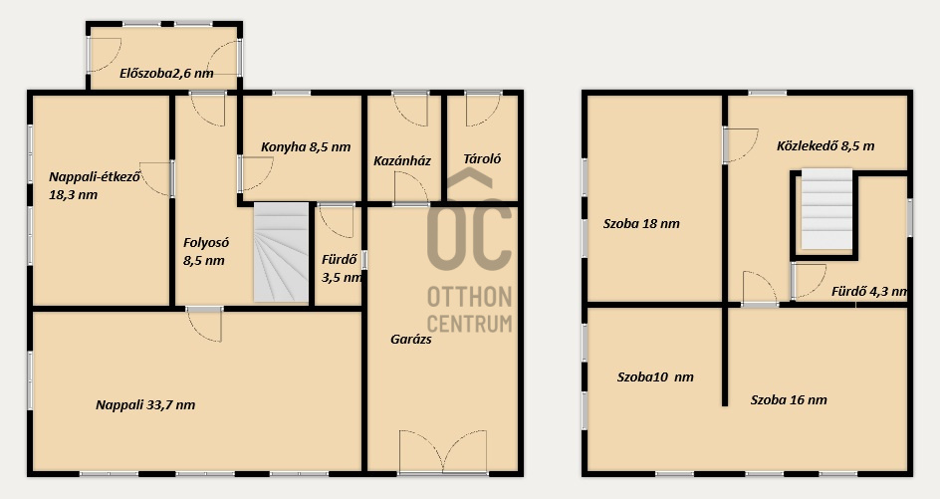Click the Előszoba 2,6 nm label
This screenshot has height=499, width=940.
click(166, 74)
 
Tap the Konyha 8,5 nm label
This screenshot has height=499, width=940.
click(306, 147)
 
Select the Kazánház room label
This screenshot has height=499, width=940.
click(402, 160)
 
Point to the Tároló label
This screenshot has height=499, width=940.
click(482, 159)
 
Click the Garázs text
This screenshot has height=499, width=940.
click(411, 339)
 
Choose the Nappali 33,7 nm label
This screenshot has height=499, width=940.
click(145, 404)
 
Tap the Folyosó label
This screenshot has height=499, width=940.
click(206, 243)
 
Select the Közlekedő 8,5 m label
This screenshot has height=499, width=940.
click(825, 145)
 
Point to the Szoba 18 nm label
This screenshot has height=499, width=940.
click(641, 224)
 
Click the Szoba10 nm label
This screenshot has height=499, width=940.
click(655, 377)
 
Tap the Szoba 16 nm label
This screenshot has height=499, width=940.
click(789, 400)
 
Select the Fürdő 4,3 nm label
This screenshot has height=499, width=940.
click(869, 292)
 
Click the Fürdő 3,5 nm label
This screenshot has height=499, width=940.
click(342, 269)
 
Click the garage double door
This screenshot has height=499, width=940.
click(443, 451)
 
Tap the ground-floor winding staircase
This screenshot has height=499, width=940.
click(281, 252)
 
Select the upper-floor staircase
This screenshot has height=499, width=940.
click(826, 209)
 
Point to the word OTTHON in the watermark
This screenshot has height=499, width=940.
click(469, 297)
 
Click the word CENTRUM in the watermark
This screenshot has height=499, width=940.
click(469, 323)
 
